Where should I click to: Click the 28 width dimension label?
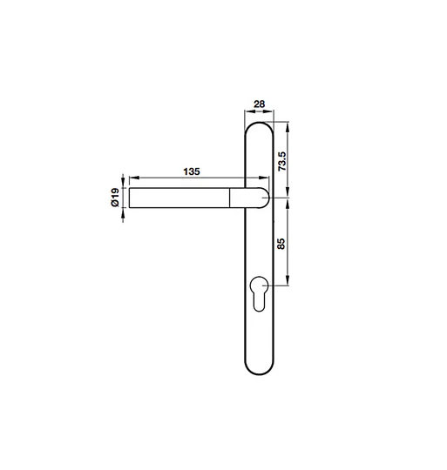click(x=259, y=104)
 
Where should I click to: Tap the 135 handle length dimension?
click(x=192, y=171)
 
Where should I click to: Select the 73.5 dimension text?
click(x=282, y=161)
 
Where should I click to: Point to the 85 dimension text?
click(x=281, y=244)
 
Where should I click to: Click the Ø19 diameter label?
click(x=115, y=198)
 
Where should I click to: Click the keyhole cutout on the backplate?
click(x=259, y=294)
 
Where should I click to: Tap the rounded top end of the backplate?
click(x=259, y=123)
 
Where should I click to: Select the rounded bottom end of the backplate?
click(x=259, y=373)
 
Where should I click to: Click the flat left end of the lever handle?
click(x=129, y=198)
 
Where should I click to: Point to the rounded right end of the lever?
click(x=268, y=198)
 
